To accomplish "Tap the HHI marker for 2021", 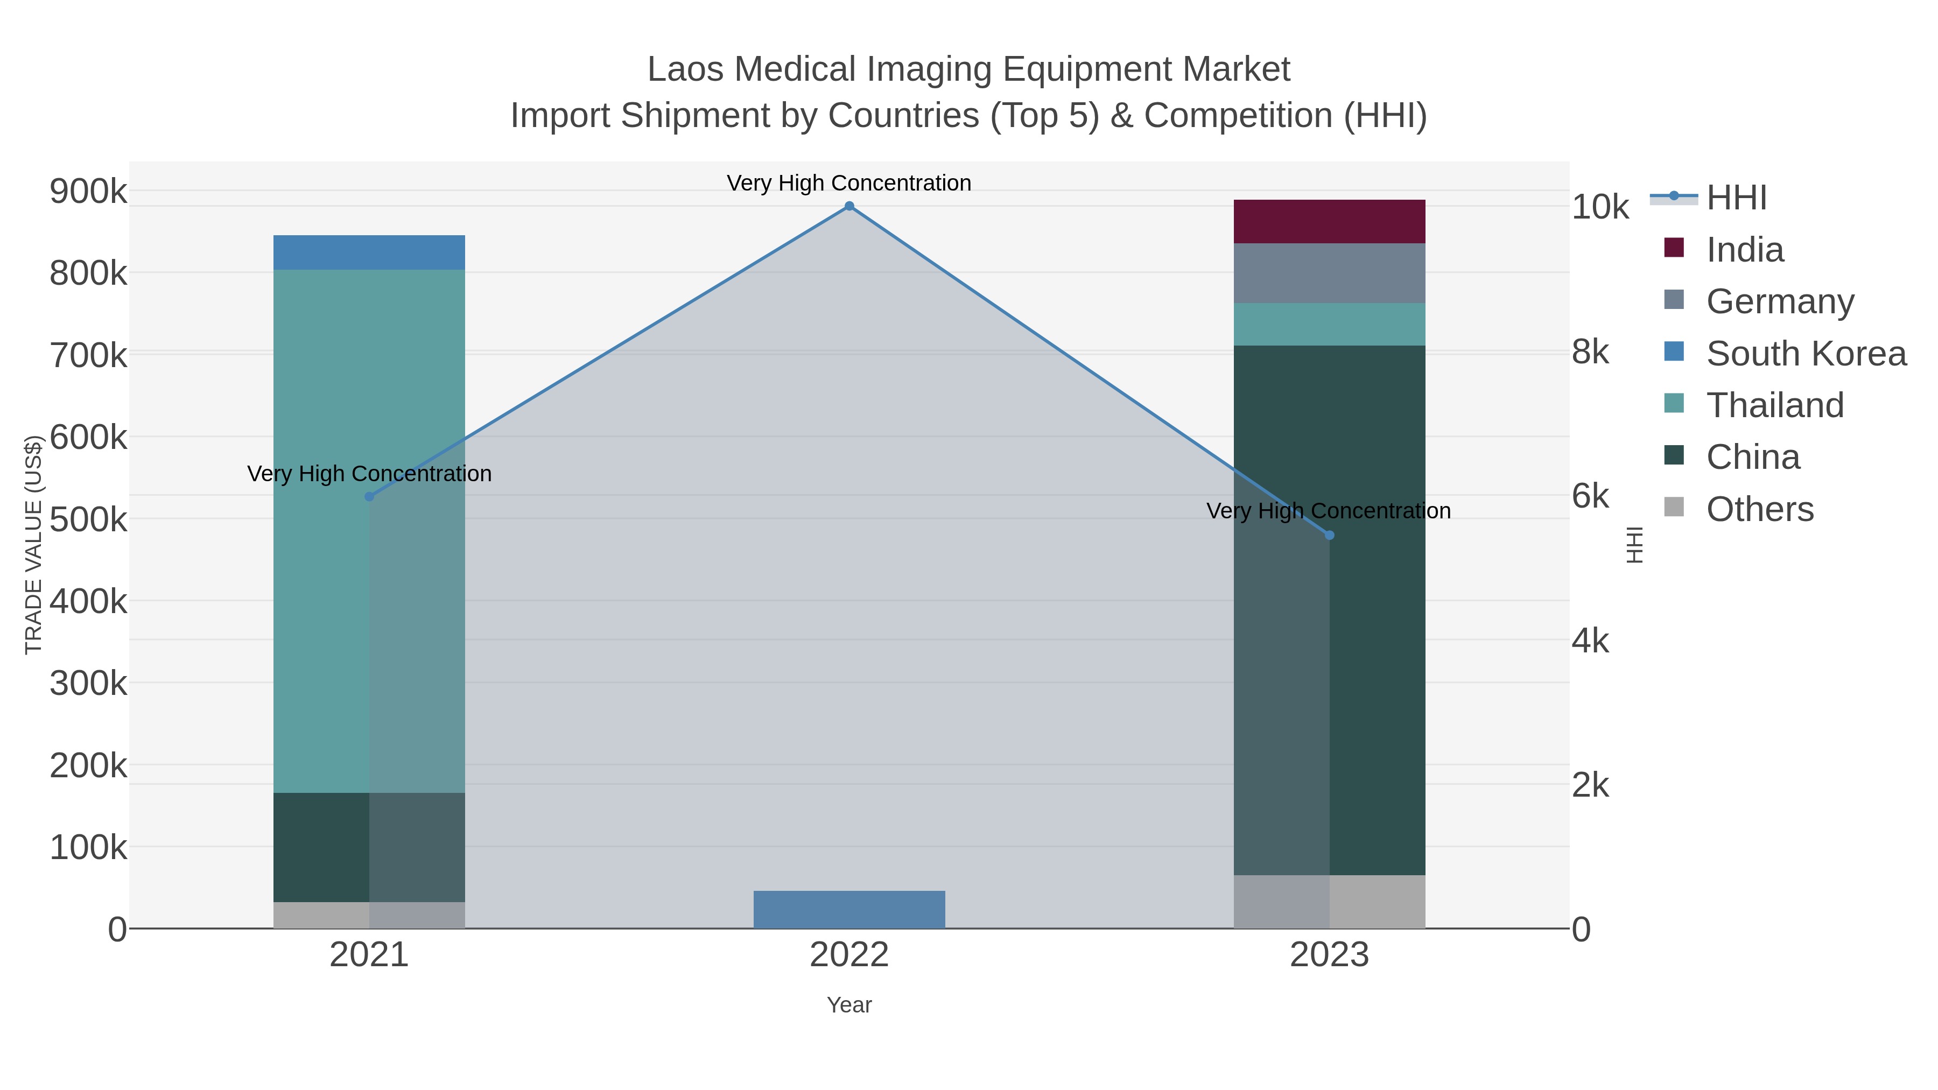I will click(369, 496).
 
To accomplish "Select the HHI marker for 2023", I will click(1329, 535).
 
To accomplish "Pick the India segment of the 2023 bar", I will click(1329, 221).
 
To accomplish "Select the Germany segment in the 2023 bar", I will click(1329, 273).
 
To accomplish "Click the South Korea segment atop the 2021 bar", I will click(369, 252).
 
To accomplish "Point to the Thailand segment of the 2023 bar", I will click(1329, 324).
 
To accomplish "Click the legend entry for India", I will click(1744, 250).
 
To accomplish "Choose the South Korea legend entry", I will click(1806, 354).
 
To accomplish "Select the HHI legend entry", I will click(1736, 198).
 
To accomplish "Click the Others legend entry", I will click(1759, 509).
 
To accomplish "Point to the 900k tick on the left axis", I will click(88, 191).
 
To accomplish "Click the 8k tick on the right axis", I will click(1590, 352).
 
